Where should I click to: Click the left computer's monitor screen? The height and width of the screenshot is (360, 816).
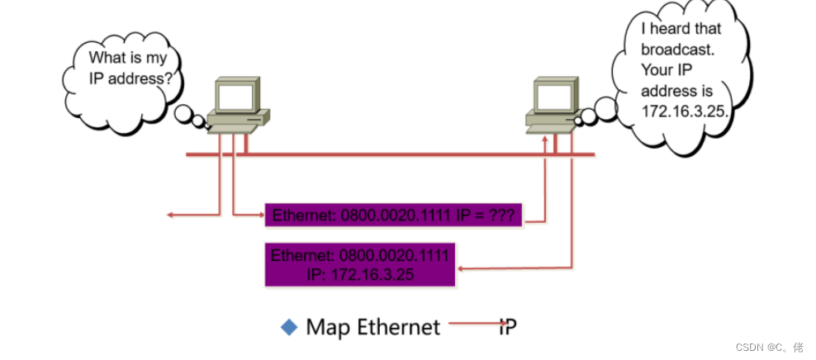pos(235,97)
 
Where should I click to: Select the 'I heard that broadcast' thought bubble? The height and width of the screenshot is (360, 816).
pos(682,74)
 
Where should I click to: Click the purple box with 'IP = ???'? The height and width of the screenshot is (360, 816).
pos(393,216)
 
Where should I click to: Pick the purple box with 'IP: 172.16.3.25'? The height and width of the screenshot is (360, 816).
pos(360,264)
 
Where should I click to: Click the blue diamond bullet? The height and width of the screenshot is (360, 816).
pos(289,327)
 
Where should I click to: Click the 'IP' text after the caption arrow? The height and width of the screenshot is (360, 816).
pos(507,327)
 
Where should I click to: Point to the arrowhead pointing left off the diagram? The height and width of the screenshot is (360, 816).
pos(170,215)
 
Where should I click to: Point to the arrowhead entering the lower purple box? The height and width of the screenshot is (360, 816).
pos(462,268)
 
